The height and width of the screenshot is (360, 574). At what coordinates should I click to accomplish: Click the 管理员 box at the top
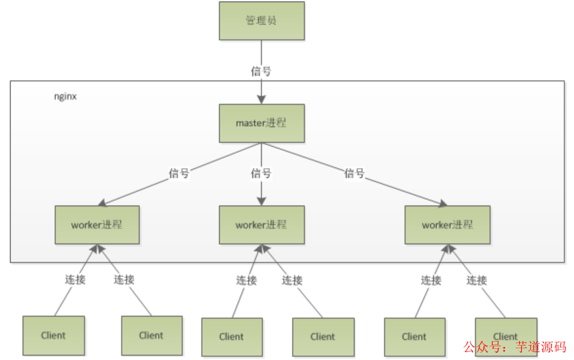click(261, 20)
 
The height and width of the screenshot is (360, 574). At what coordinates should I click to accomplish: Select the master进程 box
click(261, 122)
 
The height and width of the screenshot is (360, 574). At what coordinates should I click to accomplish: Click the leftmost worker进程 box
click(97, 225)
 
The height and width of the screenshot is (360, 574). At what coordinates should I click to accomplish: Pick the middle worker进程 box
click(261, 225)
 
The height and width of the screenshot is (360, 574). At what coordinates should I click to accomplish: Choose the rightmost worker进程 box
click(447, 225)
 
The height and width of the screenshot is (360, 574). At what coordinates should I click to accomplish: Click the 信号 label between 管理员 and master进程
click(261, 70)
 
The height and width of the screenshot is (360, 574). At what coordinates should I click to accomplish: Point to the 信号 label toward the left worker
click(179, 173)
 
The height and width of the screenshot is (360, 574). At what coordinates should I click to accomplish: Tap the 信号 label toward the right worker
click(354, 173)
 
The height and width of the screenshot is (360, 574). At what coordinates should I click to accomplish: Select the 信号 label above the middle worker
click(261, 173)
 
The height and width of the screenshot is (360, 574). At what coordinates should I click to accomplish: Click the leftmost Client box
click(53, 335)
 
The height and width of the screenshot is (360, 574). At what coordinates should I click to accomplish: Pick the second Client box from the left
click(151, 335)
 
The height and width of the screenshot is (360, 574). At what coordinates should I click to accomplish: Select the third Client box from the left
click(232, 337)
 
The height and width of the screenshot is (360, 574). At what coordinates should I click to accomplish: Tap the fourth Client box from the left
click(323, 337)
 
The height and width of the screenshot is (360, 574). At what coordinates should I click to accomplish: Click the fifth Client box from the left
click(414, 337)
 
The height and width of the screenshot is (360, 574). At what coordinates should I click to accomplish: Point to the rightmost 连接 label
click(477, 281)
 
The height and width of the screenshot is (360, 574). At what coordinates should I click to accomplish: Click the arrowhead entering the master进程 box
click(261, 98)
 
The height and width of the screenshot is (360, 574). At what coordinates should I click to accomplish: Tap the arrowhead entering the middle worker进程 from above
click(261, 201)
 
